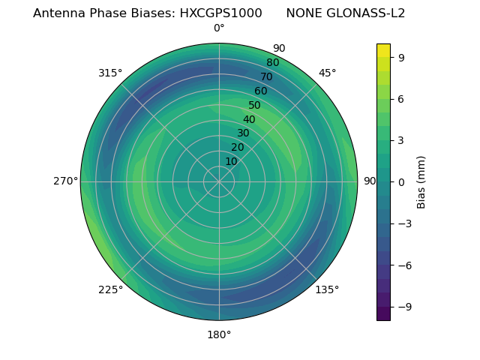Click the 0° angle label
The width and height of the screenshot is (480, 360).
click(219, 28)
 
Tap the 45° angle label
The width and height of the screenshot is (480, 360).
click(327, 73)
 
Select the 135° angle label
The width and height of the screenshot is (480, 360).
click(327, 289)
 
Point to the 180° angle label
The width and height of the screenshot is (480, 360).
click(219, 334)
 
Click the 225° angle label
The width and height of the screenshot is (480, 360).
click(110, 289)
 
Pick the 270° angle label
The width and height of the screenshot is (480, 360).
click(65, 181)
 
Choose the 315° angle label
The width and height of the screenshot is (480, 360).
click(110, 73)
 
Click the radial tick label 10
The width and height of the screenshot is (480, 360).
click(231, 161)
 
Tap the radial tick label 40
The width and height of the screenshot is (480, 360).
click(249, 119)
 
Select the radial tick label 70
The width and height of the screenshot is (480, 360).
click(266, 76)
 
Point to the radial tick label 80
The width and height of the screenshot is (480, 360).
click(272, 63)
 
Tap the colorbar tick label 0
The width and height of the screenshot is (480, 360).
click(402, 181)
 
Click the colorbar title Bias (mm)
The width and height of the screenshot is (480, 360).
click(421, 181)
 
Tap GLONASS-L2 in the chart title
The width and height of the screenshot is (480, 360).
click(366, 13)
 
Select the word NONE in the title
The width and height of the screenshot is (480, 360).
click(303, 13)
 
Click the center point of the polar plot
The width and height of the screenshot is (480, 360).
click(219, 181)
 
